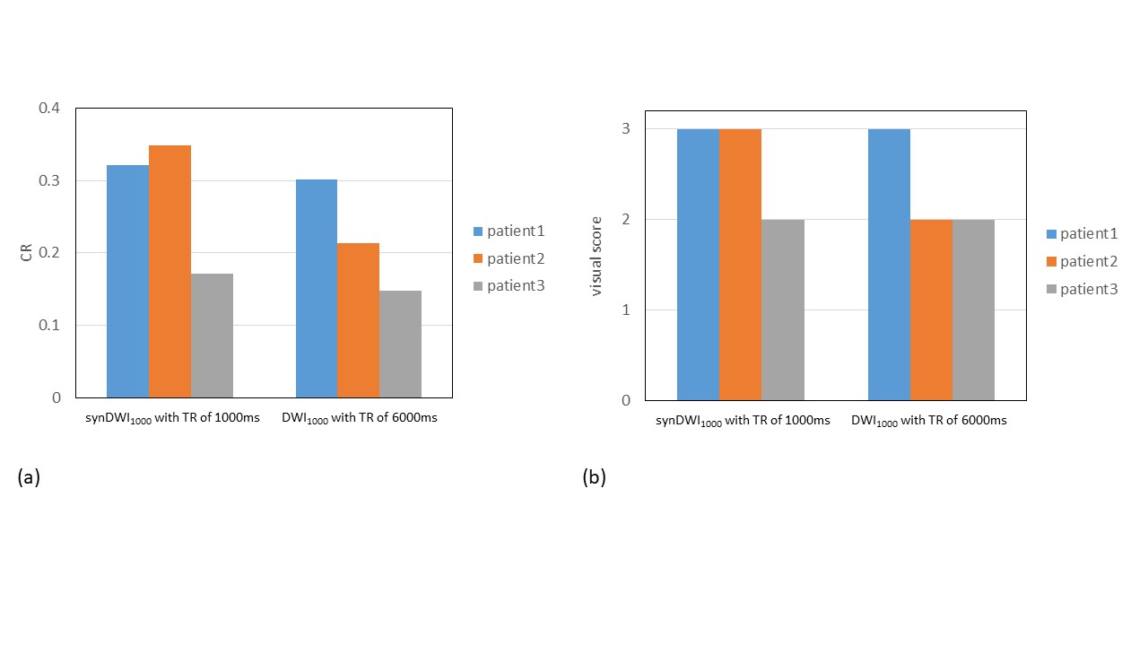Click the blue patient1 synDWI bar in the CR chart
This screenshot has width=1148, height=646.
pyautogui.click(x=127, y=281)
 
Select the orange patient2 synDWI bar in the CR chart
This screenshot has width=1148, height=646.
pyautogui.click(x=170, y=271)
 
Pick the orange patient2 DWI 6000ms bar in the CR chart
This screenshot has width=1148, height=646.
pyautogui.click(x=358, y=320)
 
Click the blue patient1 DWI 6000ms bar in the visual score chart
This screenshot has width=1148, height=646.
pyautogui.click(x=889, y=265)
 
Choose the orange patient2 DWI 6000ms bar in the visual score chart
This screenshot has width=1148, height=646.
pyautogui.click(x=931, y=310)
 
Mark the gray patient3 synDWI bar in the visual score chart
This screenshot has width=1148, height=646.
pyautogui.click(x=782, y=310)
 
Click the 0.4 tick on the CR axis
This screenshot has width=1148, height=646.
pyautogui.click(x=49, y=109)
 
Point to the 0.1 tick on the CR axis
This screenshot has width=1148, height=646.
pyautogui.click(x=49, y=325)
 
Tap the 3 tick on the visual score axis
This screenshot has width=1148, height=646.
pyautogui.click(x=626, y=129)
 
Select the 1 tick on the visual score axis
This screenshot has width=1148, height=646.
pyautogui.click(x=626, y=310)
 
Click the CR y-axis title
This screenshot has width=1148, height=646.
pyautogui.click(x=26, y=253)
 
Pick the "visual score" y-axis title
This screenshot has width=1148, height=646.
pyautogui.click(x=596, y=256)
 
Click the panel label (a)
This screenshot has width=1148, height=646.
pyautogui.click(x=29, y=477)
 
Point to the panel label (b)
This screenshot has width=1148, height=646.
pyautogui.click(x=594, y=477)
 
